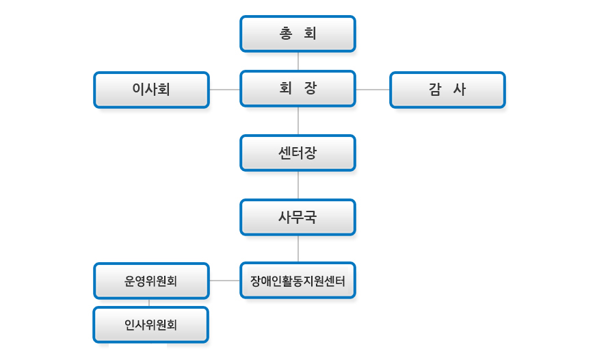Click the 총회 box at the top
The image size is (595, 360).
point(297,34)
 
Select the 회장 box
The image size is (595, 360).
point(297,88)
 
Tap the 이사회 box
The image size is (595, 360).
point(151,90)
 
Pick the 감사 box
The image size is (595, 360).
point(447,90)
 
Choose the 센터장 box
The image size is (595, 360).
point(297,153)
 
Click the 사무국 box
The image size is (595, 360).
point(297,217)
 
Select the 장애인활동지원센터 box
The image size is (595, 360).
point(297,280)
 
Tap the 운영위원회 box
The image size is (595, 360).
point(151,281)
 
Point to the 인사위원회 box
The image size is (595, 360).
point(151,324)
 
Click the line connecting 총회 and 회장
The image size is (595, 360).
point(298,61)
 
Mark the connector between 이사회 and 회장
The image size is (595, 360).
point(224,89)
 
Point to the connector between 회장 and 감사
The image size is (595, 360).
point(372,89)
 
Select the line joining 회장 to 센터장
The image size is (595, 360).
point(298,120)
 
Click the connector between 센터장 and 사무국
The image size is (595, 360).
point(298,185)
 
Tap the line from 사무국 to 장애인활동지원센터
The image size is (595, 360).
point(298,248)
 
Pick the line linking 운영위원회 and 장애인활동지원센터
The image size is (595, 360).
point(224,281)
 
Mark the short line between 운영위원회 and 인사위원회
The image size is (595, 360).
point(149,303)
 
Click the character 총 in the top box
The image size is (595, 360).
point(287,34)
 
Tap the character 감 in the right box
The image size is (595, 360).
point(435,90)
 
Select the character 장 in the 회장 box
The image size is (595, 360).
point(310,88)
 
